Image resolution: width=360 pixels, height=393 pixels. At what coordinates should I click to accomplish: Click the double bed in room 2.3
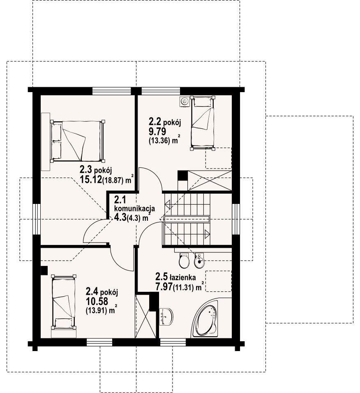78,141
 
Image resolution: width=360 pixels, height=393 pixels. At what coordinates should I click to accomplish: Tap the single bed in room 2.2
203,123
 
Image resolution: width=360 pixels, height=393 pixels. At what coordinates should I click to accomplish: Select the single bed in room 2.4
63,302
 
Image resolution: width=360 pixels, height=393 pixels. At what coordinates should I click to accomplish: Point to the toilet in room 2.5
185,260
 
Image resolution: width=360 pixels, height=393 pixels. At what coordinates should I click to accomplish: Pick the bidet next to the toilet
199,260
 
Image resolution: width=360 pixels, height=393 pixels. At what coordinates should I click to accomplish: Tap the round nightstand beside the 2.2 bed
185,102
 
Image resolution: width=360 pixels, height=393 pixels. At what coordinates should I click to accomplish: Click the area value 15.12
91,179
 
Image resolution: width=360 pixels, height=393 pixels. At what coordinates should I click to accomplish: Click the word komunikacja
134,208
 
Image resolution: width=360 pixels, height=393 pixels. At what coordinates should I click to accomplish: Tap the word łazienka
182,277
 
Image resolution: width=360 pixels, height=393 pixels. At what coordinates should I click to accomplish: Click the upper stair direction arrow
168,204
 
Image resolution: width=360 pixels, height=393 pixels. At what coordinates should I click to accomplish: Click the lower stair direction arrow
207,233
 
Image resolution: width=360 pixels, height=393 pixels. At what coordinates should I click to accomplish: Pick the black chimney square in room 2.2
182,175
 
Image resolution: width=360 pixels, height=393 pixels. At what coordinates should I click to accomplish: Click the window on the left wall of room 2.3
36,219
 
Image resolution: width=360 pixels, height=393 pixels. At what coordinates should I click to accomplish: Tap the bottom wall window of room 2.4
99,342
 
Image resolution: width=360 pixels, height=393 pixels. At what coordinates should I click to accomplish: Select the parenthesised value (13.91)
96,311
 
